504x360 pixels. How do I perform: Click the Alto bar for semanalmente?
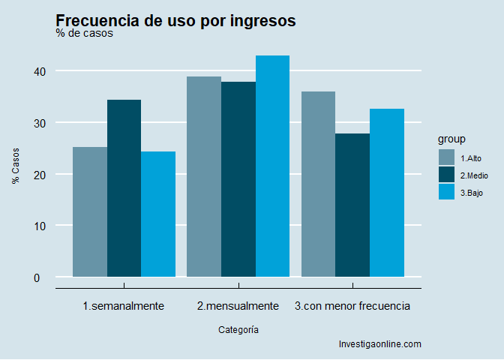pyautogui.click(x=90, y=212)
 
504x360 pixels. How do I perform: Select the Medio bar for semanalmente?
pyautogui.click(x=124, y=188)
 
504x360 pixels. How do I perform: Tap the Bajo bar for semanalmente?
pyautogui.click(x=158, y=214)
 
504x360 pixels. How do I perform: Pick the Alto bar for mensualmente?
pyautogui.click(x=204, y=177)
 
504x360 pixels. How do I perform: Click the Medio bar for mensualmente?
pyautogui.click(x=238, y=179)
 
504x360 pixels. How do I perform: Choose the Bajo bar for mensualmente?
pyautogui.click(x=272, y=166)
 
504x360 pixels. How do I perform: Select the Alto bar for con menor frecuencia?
pyautogui.click(x=318, y=184)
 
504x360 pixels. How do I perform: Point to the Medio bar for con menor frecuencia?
pyautogui.click(x=352, y=205)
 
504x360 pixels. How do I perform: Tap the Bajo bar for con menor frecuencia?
pyautogui.click(x=387, y=193)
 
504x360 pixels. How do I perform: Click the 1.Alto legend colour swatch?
pyautogui.click(x=447, y=157)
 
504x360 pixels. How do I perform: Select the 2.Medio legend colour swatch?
pyautogui.click(x=447, y=175)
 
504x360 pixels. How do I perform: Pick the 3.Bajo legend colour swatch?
pyautogui.click(x=447, y=192)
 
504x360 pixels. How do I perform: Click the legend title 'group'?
pyautogui.click(x=452, y=139)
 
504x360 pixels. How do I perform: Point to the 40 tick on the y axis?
pyautogui.click(x=38, y=71)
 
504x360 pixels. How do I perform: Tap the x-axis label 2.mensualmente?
pyautogui.click(x=238, y=306)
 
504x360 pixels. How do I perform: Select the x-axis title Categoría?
pyautogui.click(x=238, y=329)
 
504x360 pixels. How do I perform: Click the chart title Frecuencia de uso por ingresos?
pyautogui.click(x=175, y=21)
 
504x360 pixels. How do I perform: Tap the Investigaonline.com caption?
pyautogui.click(x=380, y=344)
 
